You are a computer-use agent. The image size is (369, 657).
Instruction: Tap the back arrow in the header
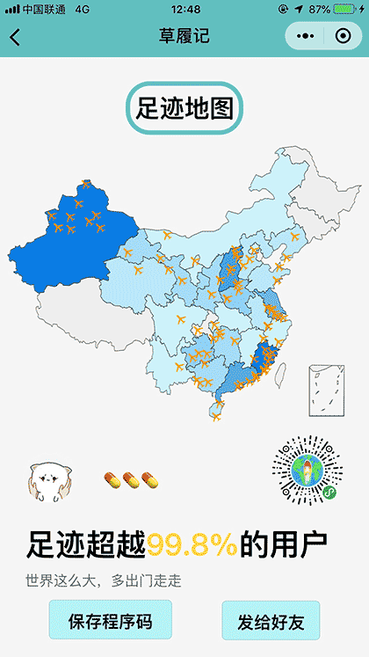click(x=15, y=37)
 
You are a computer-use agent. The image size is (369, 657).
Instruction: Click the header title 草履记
click(x=184, y=37)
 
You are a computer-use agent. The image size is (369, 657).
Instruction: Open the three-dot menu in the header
click(x=305, y=37)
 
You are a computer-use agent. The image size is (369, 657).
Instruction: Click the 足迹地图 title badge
click(x=184, y=109)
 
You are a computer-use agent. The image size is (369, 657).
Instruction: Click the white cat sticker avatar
click(x=47, y=479)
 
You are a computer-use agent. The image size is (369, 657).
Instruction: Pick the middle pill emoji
click(x=130, y=479)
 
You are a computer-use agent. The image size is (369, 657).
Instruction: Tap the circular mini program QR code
click(x=305, y=468)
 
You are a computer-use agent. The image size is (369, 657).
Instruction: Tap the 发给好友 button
click(x=271, y=623)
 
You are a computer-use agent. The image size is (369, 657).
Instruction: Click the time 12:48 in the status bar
click(x=186, y=9)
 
